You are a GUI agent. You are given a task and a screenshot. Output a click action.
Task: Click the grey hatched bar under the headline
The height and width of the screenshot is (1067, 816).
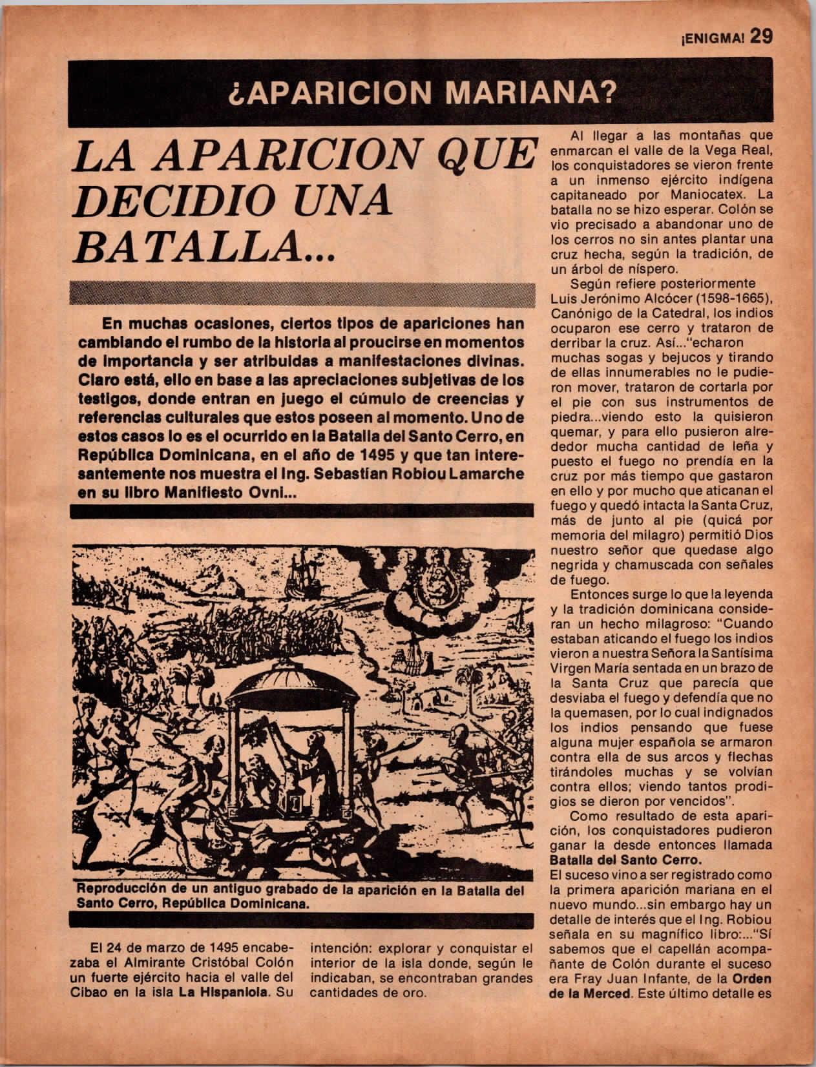pyautogui.click(x=302, y=294)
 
